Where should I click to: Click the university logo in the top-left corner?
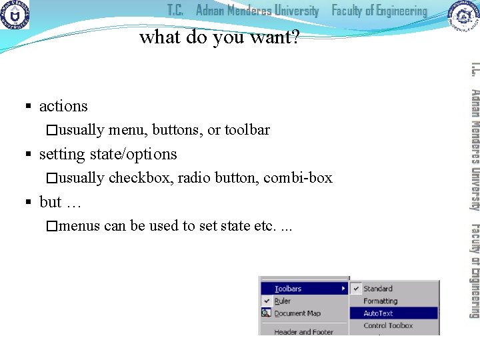coord(15,15)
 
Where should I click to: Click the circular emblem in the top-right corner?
coord(464,15)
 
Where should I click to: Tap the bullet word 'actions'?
coord(63,106)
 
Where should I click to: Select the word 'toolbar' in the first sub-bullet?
coord(247,130)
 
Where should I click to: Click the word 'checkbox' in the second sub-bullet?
coord(138,178)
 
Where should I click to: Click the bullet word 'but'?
coord(51,202)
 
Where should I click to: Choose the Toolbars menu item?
coord(288,289)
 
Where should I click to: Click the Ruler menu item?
coord(283,301)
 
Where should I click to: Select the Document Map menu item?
coord(297,313)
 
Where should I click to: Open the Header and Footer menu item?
coord(304,331)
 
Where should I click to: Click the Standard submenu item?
coord(378,289)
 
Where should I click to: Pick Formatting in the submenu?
coord(380,301)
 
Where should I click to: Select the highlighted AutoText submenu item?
coord(378,313)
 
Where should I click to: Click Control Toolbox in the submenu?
coord(388,326)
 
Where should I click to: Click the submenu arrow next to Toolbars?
coord(344,289)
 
